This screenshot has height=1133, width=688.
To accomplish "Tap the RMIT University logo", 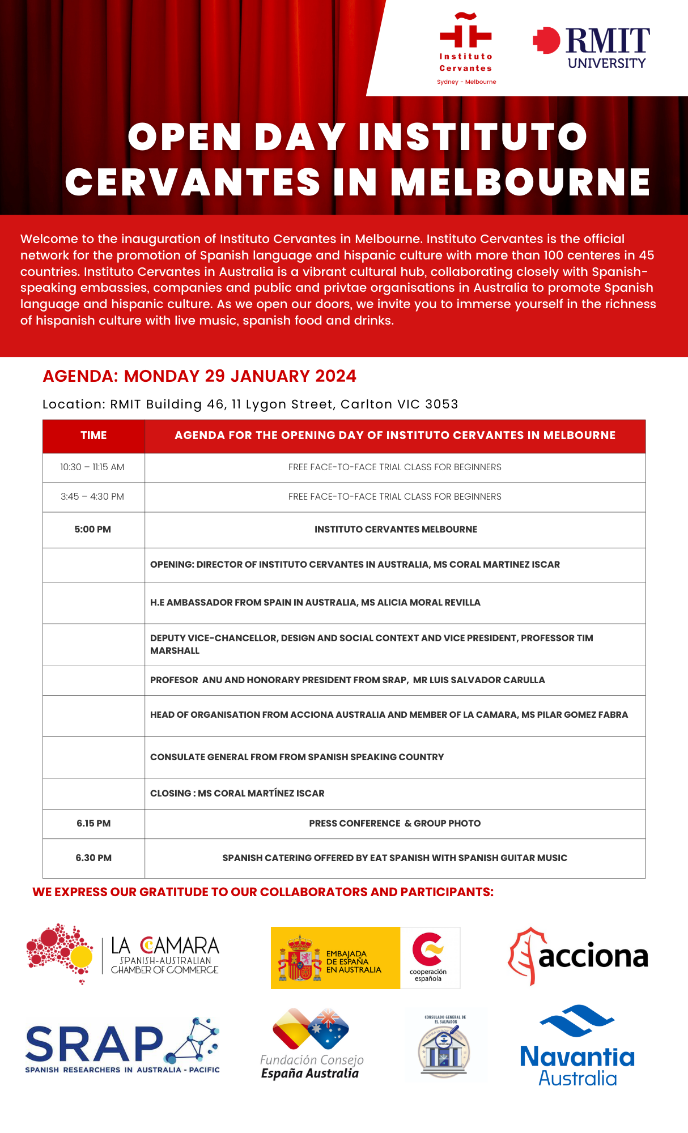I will tap(592, 48).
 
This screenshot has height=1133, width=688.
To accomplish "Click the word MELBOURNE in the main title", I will tap(520, 182).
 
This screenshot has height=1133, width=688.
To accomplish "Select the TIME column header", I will tap(94, 436).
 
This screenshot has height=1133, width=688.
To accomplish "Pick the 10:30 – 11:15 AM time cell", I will tap(92, 467).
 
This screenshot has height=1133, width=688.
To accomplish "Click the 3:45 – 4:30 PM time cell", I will tap(92, 497).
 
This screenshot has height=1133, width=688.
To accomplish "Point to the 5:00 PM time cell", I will tap(93, 530).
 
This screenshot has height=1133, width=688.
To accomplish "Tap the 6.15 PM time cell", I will tap(94, 824).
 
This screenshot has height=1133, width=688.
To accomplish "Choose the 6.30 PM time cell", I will tap(94, 858).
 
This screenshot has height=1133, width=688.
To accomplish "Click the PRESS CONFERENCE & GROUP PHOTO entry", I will tap(394, 824).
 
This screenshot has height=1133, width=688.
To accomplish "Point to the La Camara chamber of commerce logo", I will tap(123, 955).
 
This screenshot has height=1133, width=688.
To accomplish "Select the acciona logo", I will tap(577, 956).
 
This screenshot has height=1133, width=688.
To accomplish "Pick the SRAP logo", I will tap(122, 1046).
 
